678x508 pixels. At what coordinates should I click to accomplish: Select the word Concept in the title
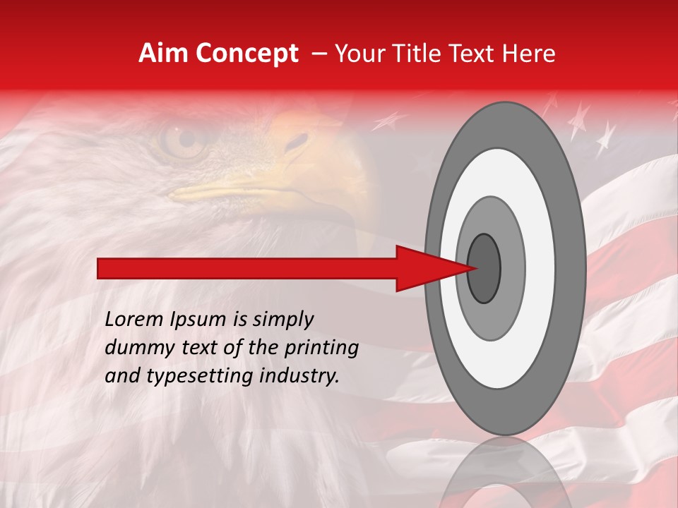[x=246, y=54]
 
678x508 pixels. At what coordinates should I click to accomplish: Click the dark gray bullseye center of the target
[x=484, y=269]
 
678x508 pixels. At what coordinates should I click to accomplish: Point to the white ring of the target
[x=544, y=269]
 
